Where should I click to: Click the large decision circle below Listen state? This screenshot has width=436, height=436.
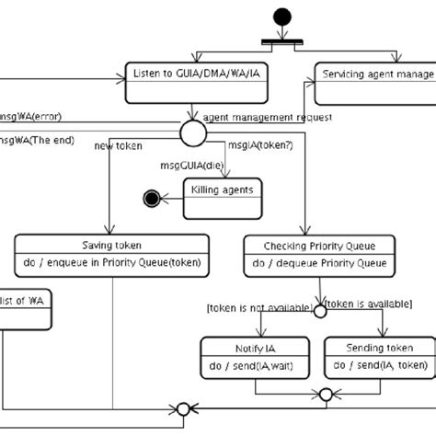pos(190,134)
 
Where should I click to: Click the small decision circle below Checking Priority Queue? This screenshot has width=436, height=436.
pos(319,311)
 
